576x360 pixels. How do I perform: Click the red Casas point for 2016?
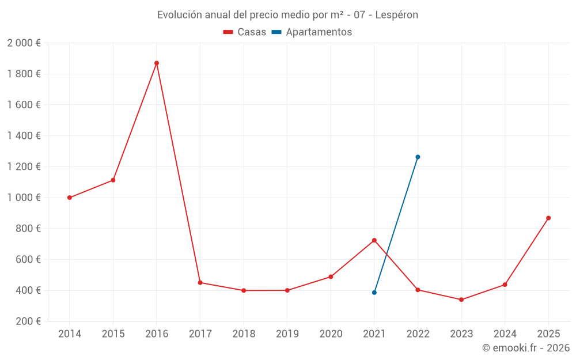[x=157, y=63]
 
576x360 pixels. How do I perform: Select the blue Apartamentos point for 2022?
[x=418, y=157]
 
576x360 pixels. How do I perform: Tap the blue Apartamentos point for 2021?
[x=374, y=293]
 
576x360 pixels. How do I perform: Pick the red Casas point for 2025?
[x=548, y=218]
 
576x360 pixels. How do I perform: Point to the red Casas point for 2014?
[x=70, y=198]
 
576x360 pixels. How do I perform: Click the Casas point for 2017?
[x=200, y=282]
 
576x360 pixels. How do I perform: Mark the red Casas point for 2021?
[x=374, y=240]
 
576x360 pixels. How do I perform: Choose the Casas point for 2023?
[x=461, y=300]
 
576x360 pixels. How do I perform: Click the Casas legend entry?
[x=245, y=32]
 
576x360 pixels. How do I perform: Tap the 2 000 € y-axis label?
[x=24, y=43]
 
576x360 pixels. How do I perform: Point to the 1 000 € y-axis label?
[x=24, y=198]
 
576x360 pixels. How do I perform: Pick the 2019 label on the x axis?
[x=287, y=334]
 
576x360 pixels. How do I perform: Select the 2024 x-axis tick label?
[x=505, y=334]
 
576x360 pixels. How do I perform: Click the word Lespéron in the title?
[x=396, y=15]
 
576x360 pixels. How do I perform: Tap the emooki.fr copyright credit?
[x=526, y=348]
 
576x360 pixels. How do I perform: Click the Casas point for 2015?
[x=113, y=180]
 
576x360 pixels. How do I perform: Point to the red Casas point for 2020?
[x=331, y=276]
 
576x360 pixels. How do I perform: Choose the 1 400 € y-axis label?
[x=24, y=136]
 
